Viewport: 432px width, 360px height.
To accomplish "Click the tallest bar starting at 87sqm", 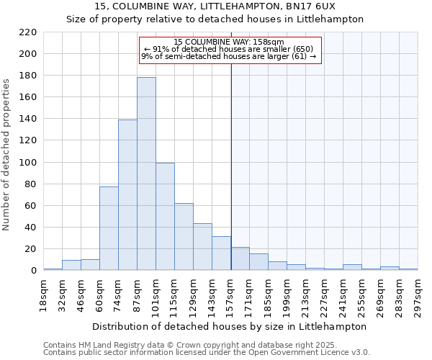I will tap(146, 174).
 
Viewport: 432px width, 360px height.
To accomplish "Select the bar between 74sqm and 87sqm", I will tap(127, 195).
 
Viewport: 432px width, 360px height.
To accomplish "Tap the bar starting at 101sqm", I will tap(165, 217).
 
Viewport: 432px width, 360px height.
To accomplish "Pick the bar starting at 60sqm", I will tap(109, 228).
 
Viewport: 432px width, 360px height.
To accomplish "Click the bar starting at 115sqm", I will tap(184, 237).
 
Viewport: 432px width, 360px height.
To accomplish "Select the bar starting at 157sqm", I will tap(240, 259).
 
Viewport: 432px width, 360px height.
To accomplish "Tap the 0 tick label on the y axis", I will tap(33, 271).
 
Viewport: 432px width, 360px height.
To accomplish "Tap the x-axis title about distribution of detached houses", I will tap(230, 326).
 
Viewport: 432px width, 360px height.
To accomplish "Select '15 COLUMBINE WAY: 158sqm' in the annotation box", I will tap(229, 42).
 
